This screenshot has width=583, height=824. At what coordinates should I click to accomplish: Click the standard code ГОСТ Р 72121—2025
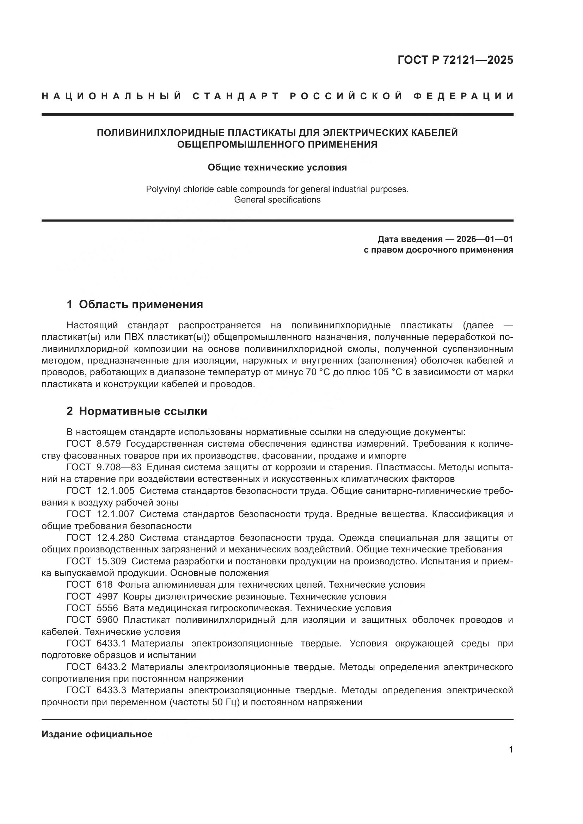click(455, 60)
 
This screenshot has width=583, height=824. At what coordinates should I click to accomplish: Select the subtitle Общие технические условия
click(277, 168)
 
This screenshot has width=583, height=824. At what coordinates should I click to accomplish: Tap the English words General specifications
click(277, 199)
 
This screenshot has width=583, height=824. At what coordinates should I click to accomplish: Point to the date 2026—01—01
click(484, 239)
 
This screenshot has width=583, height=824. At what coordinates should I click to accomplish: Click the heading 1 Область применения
click(135, 305)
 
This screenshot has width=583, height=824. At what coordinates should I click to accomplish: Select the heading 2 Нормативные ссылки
click(137, 411)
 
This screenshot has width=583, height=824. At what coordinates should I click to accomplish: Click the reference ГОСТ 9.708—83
click(104, 467)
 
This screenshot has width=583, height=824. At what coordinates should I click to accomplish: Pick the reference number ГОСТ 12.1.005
click(100, 491)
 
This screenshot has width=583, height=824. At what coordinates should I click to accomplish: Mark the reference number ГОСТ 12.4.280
click(100, 538)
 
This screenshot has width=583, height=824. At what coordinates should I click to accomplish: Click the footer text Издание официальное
click(97, 734)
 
